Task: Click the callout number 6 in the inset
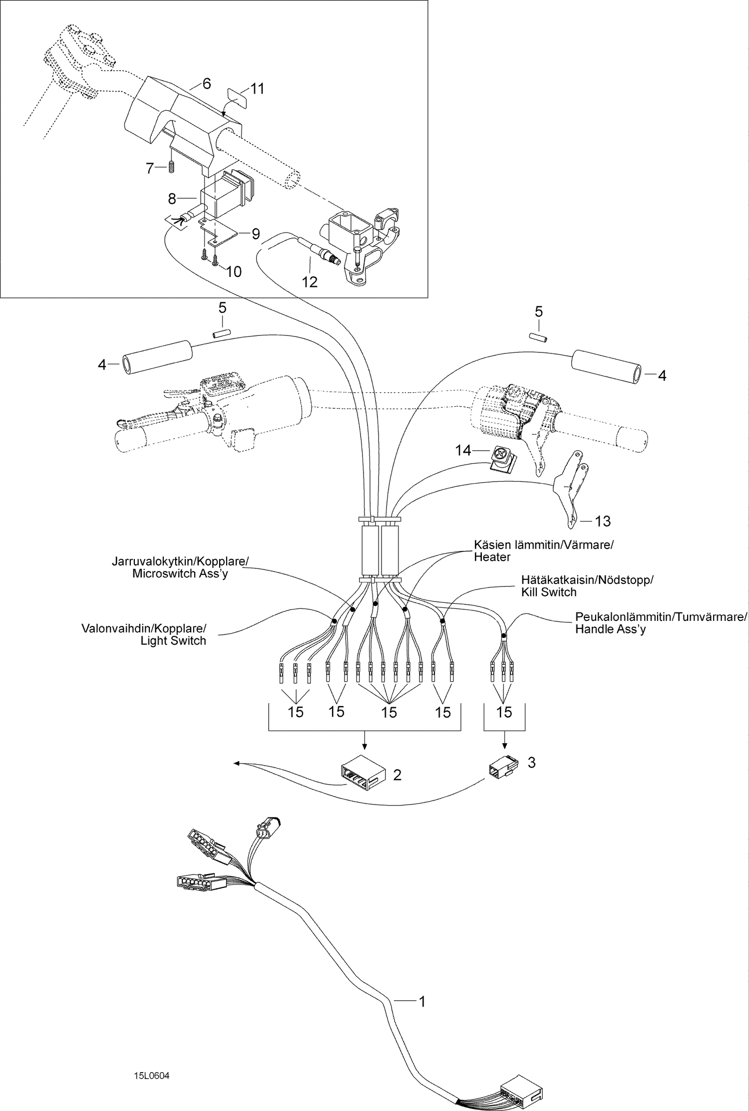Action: pos(207,83)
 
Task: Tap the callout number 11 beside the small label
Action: pos(257,89)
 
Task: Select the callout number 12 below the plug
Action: pos(310,282)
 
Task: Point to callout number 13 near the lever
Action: pos(603,521)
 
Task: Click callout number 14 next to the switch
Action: pos(463,451)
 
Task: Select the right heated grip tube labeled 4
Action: pos(606,366)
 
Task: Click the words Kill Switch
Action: pos(549,592)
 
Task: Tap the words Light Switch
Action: pos(173,641)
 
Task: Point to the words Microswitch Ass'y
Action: pos(180,573)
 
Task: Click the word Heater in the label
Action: pos(492,557)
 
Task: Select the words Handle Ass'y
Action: pos(610,629)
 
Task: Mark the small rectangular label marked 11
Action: pos(238,97)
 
